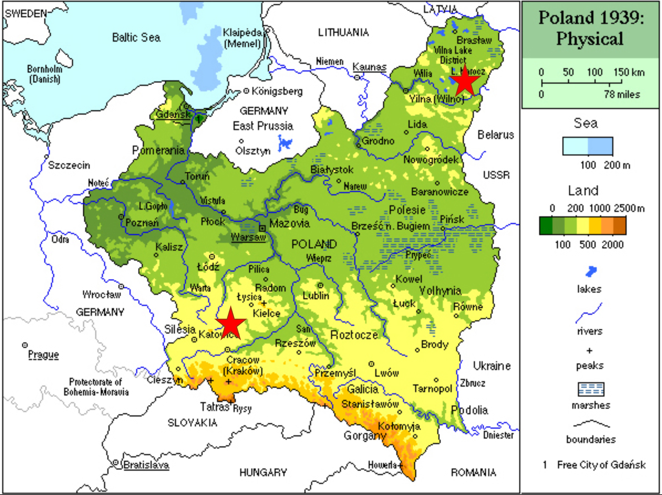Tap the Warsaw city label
248,237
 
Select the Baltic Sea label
136,38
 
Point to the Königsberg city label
277,91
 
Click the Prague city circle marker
25,345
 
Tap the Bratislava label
146,465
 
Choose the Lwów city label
387,373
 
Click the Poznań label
142,222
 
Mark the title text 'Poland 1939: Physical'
590,28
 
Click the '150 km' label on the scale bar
629,72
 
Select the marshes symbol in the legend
591,389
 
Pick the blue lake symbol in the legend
591,271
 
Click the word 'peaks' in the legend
590,365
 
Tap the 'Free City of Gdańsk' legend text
601,465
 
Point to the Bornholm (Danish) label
45,74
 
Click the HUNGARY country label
263,473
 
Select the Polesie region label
407,210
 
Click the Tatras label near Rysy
214,407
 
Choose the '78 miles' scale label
622,94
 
